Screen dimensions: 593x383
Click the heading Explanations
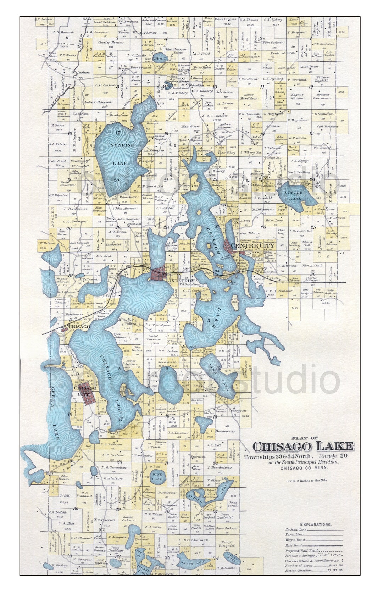(316, 524)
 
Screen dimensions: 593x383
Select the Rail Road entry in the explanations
(294, 545)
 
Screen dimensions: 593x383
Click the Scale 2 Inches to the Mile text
(307, 481)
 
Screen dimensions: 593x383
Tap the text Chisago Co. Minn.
(304, 468)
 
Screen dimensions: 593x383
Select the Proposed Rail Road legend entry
(300, 550)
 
